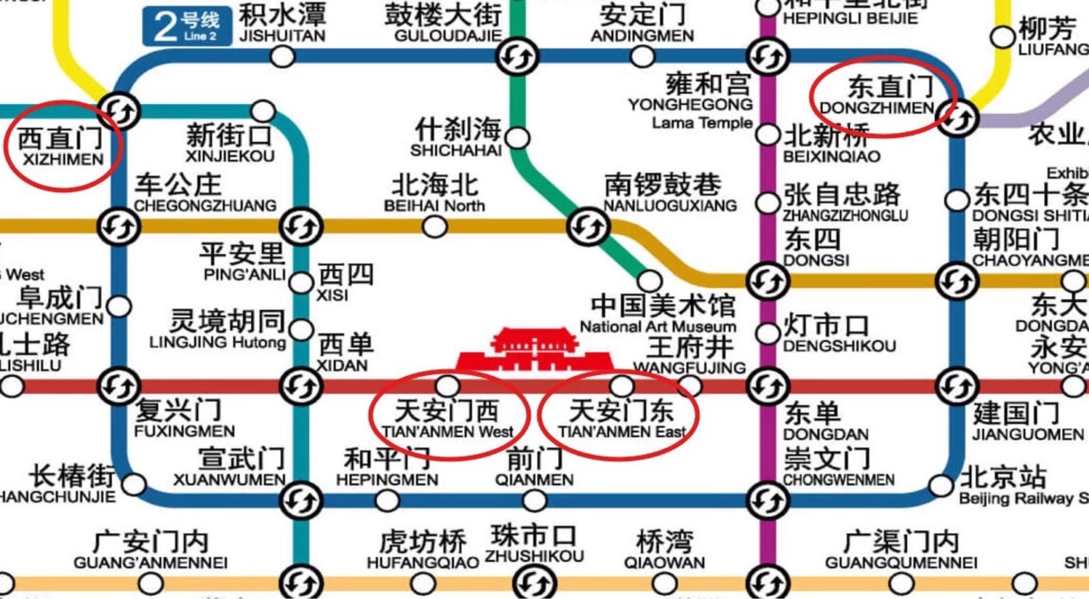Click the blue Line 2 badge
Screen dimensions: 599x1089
pyautogui.click(x=187, y=26)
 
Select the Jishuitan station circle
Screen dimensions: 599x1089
pyautogui.click(x=282, y=57)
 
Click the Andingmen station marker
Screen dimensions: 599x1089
pyautogui.click(x=643, y=57)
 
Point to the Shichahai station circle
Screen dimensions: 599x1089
pyautogui.click(x=518, y=138)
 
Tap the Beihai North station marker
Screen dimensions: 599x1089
pyautogui.click(x=435, y=226)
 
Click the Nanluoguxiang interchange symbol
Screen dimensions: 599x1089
pyautogui.click(x=588, y=226)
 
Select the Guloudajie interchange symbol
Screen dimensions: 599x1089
pyautogui.click(x=517, y=57)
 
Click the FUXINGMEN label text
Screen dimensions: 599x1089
pyautogui.click(x=184, y=431)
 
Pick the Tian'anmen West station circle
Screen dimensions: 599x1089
pyautogui.click(x=448, y=386)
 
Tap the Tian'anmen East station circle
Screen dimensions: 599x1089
pyautogui.click(x=622, y=386)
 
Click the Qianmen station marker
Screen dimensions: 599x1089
pyautogui.click(x=535, y=501)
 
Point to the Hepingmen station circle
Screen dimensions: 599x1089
pyautogui.click(x=387, y=501)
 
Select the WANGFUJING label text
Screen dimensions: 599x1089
pyautogui.click(x=689, y=367)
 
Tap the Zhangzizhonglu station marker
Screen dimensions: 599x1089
pyautogui.click(x=767, y=203)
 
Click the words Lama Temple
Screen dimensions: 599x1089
pyautogui.click(x=702, y=123)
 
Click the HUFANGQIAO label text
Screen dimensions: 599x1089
pyautogui.click(x=422, y=563)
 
